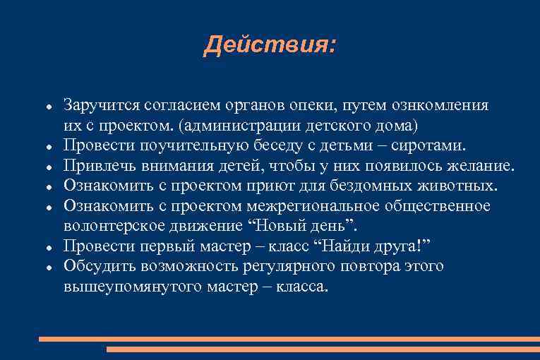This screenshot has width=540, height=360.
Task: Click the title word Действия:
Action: pyautogui.click(x=270, y=47)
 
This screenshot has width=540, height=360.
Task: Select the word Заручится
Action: pyautogui.click(x=100, y=106)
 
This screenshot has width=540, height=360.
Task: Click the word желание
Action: pyautogui.click(x=480, y=166)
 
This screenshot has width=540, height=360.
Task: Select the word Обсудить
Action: pyautogui.click(x=96, y=266)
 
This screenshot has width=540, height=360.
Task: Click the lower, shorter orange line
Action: pyautogui.click(x=323, y=349)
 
